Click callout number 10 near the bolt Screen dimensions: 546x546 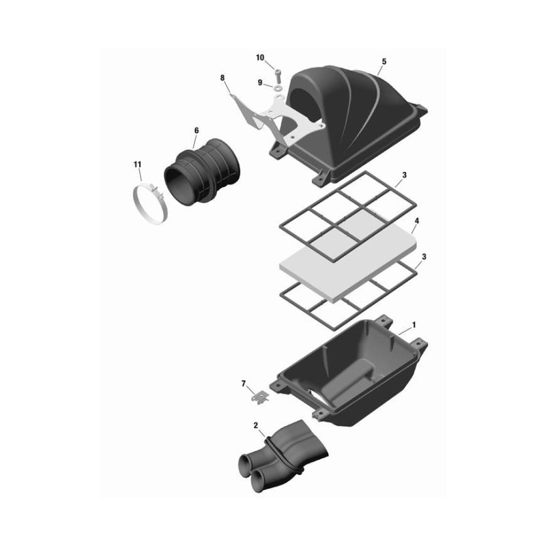(260, 58)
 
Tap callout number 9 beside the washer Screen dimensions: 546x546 (260, 83)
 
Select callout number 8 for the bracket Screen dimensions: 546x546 (222, 78)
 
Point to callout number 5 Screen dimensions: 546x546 (384, 61)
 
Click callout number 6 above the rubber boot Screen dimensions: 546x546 (197, 130)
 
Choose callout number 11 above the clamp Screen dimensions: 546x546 (138, 164)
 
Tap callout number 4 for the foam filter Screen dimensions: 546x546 (417, 220)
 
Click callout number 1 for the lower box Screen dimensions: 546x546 (414, 325)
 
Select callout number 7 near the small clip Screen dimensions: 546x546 (244, 384)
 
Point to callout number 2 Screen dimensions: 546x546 (256, 425)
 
